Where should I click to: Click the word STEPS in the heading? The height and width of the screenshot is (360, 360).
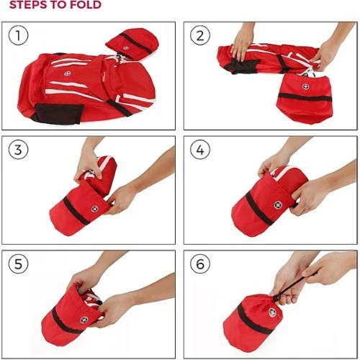click(x=28, y=4)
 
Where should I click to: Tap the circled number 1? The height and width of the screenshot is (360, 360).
click(x=18, y=35)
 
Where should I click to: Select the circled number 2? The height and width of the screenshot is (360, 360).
click(x=200, y=35)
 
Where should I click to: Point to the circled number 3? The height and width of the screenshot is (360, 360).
click(x=18, y=150)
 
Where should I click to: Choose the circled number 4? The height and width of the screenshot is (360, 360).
click(x=200, y=150)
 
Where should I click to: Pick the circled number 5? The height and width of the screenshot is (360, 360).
click(x=18, y=264)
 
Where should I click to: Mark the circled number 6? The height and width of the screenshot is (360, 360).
click(x=200, y=264)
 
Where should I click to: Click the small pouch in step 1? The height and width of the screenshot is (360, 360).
click(x=132, y=44)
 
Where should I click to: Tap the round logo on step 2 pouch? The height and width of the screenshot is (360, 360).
click(x=305, y=86)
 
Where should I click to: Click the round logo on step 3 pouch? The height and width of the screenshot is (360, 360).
click(x=95, y=209)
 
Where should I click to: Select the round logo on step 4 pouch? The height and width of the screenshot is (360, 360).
click(x=278, y=205)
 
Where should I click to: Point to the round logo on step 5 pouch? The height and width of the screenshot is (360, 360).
click(x=84, y=320)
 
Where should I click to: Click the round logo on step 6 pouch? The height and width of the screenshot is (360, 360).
click(x=272, y=312)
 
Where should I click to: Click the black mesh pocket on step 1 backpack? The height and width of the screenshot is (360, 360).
click(x=57, y=114)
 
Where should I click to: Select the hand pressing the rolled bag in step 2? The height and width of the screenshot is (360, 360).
click(x=243, y=44)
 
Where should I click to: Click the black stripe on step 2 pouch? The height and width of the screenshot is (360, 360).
click(x=305, y=98)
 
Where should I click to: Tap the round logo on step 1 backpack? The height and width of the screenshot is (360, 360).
click(x=68, y=73)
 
